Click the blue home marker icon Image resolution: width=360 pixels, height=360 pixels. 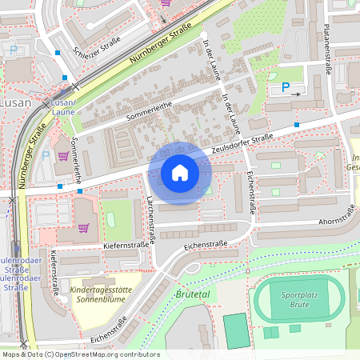click(x=180, y=173)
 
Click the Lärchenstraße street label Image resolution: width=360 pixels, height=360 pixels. click(x=150, y=219)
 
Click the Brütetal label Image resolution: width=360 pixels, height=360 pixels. click(x=190, y=295)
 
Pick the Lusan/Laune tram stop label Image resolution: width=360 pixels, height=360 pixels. click(x=63, y=109)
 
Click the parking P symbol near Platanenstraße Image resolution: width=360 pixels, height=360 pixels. click(x=286, y=89)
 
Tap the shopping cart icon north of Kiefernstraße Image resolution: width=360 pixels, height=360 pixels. click(x=83, y=227)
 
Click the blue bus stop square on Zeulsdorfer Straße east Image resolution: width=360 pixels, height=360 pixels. click(x=297, y=125)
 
